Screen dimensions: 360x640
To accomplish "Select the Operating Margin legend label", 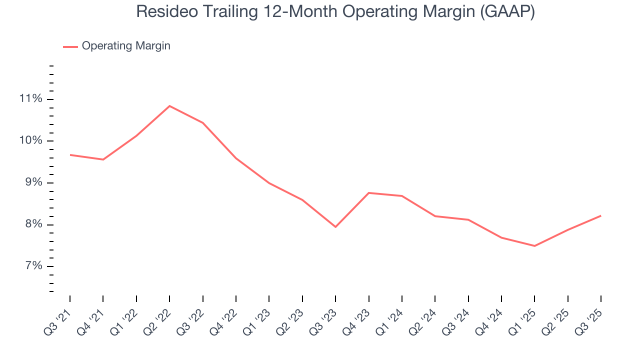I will [126, 46].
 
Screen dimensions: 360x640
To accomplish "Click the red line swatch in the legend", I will [70, 46].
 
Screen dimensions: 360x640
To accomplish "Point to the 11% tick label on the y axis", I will [30, 98].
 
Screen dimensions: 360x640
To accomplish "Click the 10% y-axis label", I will [30, 140].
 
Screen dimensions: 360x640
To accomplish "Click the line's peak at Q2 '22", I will [169, 106].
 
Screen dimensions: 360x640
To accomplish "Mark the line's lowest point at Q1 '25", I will [534, 246].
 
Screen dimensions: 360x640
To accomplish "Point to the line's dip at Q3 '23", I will [335, 227].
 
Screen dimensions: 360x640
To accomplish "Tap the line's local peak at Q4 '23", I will [368, 192].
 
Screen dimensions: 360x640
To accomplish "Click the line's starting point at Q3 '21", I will [70, 155].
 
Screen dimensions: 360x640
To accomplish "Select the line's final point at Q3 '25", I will [600, 215].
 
